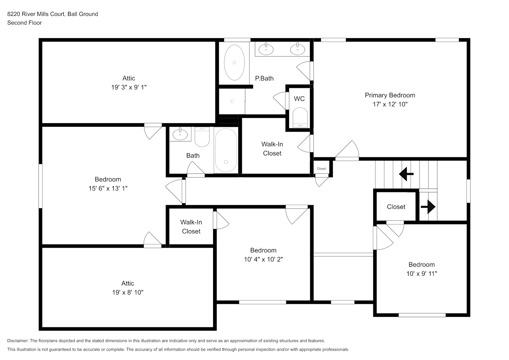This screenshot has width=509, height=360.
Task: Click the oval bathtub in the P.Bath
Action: (234, 63)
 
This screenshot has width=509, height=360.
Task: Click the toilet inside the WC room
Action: (300, 118)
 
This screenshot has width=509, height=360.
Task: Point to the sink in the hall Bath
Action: (180, 135)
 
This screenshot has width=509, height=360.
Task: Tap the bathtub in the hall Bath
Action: (226, 150)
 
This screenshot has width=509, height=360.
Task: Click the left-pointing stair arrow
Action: (406, 174)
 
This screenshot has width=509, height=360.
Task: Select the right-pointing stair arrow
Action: (428, 207)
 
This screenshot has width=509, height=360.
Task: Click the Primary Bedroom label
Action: (390, 95)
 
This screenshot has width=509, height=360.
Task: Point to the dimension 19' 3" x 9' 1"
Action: (129, 87)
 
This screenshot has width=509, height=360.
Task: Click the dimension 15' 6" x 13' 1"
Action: (108, 188)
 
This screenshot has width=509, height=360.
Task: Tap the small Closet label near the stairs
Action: (321, 168)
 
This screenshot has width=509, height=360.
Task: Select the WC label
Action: (299, 99)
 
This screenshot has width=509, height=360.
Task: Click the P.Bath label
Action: (264, 78)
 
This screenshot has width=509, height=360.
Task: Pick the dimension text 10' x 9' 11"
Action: (422, 274)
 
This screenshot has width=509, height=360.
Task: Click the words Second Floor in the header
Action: (24, 23)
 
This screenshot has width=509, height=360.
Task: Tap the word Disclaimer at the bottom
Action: (18, 341)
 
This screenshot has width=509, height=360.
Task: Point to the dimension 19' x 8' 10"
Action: (128, 292)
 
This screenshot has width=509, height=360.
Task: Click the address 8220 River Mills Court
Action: (36, 14)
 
